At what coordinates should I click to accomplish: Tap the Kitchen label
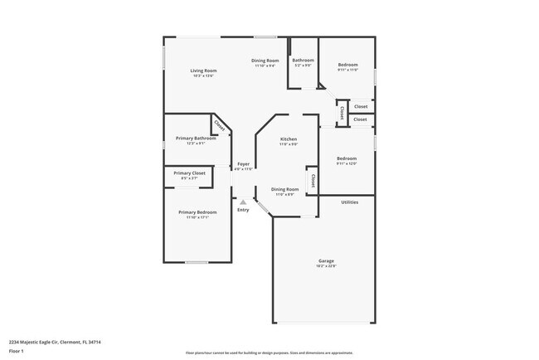[288, 139]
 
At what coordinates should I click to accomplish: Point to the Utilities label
[350, 202]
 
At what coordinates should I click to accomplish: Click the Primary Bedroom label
[197, 212]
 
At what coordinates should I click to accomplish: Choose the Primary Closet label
[189, 173]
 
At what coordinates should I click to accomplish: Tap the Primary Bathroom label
[196, 138]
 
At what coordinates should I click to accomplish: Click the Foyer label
[244, 163]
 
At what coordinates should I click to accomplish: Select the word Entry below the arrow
[243, 210]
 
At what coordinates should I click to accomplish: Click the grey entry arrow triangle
[243, 202]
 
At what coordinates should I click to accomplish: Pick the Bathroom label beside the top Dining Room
[303, 60]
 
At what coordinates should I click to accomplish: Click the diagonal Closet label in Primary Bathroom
[220, 125]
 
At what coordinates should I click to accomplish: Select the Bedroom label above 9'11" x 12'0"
[346, 158]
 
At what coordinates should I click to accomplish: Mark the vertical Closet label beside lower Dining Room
[313, 181]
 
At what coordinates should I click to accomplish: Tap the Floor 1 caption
[17, 351]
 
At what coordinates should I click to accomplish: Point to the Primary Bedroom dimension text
[197, 218]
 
